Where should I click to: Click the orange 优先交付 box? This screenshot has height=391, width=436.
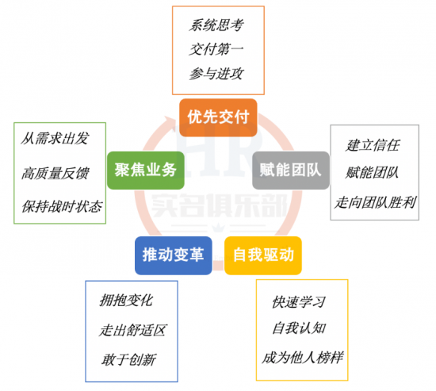coord(218,117)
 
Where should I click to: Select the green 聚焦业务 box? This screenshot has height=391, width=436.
coord(146,171)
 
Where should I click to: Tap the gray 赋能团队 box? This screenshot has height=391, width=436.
coord(291,171)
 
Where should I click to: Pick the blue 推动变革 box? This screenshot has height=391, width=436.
coord(174,255)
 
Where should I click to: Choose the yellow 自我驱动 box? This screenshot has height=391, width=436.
coord(263,255)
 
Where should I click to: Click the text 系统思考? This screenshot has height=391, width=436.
coord(216,25)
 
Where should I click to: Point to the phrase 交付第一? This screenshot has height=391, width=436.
coord(216,49)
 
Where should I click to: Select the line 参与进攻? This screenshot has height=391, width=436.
coord(216,74)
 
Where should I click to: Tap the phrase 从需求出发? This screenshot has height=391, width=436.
coord(55,138)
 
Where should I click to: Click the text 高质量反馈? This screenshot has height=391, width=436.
coord(55,173)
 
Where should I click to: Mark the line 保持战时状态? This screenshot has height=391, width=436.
coord(62,206)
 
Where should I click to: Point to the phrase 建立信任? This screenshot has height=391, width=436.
coord(373,145)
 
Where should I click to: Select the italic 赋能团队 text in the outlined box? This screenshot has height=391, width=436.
coord(372,173)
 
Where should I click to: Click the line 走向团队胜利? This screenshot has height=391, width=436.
coord(375,202)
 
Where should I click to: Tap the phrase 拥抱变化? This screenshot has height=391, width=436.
coord(126,301)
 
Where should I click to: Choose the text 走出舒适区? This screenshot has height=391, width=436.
coord(132,331)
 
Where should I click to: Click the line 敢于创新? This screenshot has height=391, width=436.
coord(128,359)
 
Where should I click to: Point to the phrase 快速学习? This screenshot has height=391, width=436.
coord(299,302)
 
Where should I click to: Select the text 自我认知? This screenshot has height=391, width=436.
coord(299,328)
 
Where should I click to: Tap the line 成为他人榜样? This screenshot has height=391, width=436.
coord(303,358)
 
